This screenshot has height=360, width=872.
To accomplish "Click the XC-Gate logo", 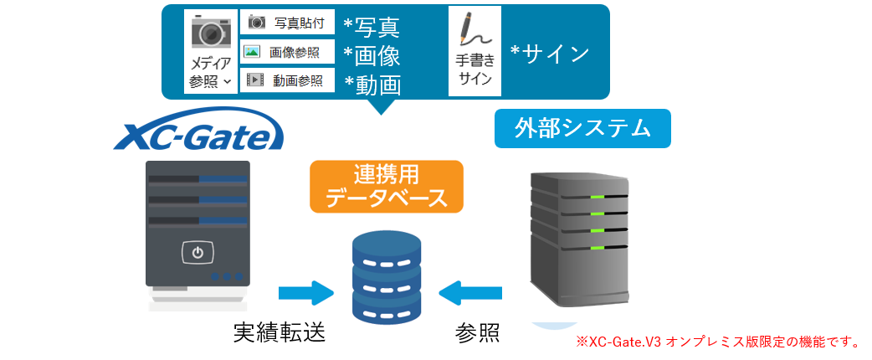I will [x=199, y=135].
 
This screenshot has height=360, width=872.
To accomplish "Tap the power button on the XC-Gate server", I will [x=197, y=253].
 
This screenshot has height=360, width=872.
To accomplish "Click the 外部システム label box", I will [x=582, y=128].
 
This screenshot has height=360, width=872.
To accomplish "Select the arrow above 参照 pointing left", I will [x=471, y=293].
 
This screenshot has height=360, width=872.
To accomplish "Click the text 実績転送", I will [x=279, y=332].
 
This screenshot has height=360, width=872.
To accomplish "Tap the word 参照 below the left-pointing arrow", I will [x=478, y=332].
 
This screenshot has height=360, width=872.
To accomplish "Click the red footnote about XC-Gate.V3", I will [x=717, y=342].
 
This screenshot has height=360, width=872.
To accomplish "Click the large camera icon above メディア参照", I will [x=211, y=32].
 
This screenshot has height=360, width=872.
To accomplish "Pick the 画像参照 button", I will [x=287, y=52].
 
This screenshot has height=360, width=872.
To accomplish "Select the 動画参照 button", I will [x=287, y=80].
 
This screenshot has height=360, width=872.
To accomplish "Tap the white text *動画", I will [x=372, y=84].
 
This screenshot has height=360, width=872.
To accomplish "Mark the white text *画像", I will [x=372, y=55].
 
